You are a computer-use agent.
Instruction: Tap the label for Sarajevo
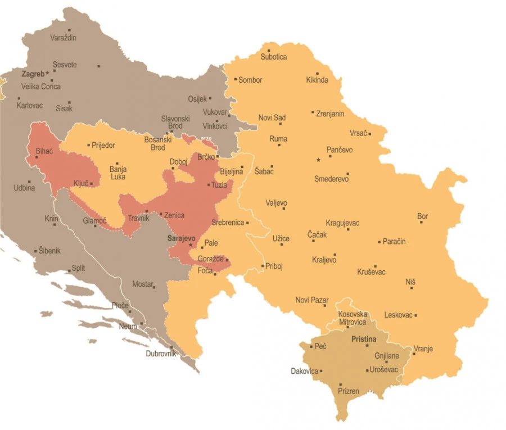[x=182, y=238]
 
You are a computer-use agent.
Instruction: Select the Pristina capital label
[x=364, y=340]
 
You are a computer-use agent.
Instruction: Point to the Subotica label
[x=273, y=57]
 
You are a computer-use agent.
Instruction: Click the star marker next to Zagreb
[x=48, y=73]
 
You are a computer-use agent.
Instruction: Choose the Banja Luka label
[x=118, y=173]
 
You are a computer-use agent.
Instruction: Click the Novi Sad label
[x=272, y=117]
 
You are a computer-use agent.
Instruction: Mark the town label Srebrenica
[x=228, y=223]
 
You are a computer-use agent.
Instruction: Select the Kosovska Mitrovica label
[x=352, y=318]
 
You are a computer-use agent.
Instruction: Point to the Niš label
[x=410, y=282]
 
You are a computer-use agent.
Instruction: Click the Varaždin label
[x=63, y=38]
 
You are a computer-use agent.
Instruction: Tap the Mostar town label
[x=142, y=284]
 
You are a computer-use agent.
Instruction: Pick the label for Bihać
[x=44, y=151]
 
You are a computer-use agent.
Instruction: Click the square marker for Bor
[x=421, y=222]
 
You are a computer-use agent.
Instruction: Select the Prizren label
[x=349, y=391]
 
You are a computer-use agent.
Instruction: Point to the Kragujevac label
[x=342, y=223]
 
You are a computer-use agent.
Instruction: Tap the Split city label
[x=79, y=268]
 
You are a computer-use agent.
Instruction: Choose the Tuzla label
[x=219, y=185]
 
